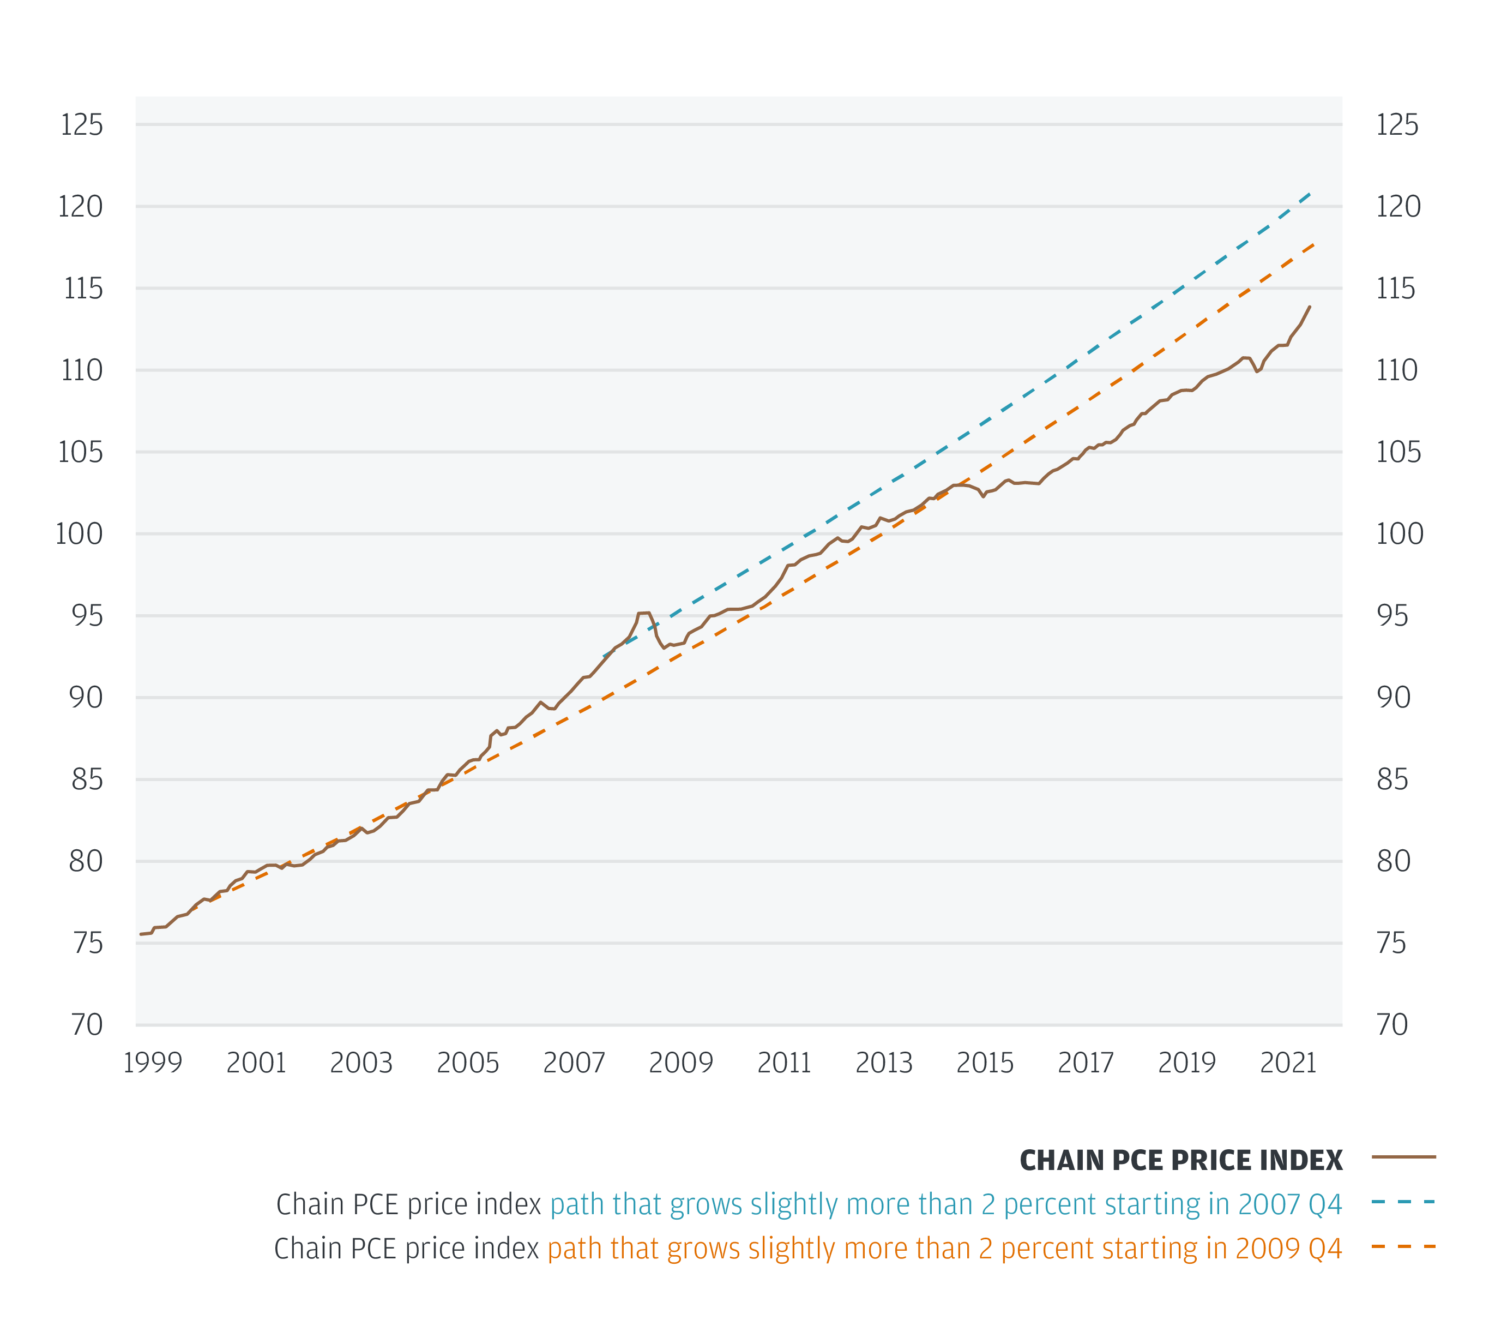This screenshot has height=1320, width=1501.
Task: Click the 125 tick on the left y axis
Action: point(82,125)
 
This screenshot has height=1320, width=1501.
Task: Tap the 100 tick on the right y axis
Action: point(1399,534)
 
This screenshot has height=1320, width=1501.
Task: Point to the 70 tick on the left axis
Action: point(87,1025)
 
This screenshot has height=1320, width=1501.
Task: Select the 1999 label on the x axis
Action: point(152,1063)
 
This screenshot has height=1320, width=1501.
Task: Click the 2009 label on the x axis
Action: point(681,1063)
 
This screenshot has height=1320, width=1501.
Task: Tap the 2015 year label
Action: point(985,1063)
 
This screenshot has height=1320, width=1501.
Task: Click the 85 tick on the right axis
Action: point(1393,779)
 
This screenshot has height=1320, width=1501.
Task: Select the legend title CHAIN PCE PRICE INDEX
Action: point(1181,1161)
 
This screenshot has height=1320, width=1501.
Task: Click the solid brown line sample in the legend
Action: point(1403,1157)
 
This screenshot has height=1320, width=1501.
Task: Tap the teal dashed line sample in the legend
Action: point(1403,1203)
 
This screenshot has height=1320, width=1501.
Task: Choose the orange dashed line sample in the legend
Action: point(1403,1246)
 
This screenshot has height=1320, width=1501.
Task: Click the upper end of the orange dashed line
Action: point(1314,244)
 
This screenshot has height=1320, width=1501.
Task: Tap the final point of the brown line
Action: point(1310,307)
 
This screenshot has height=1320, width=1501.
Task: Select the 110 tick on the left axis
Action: point(82,370)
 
